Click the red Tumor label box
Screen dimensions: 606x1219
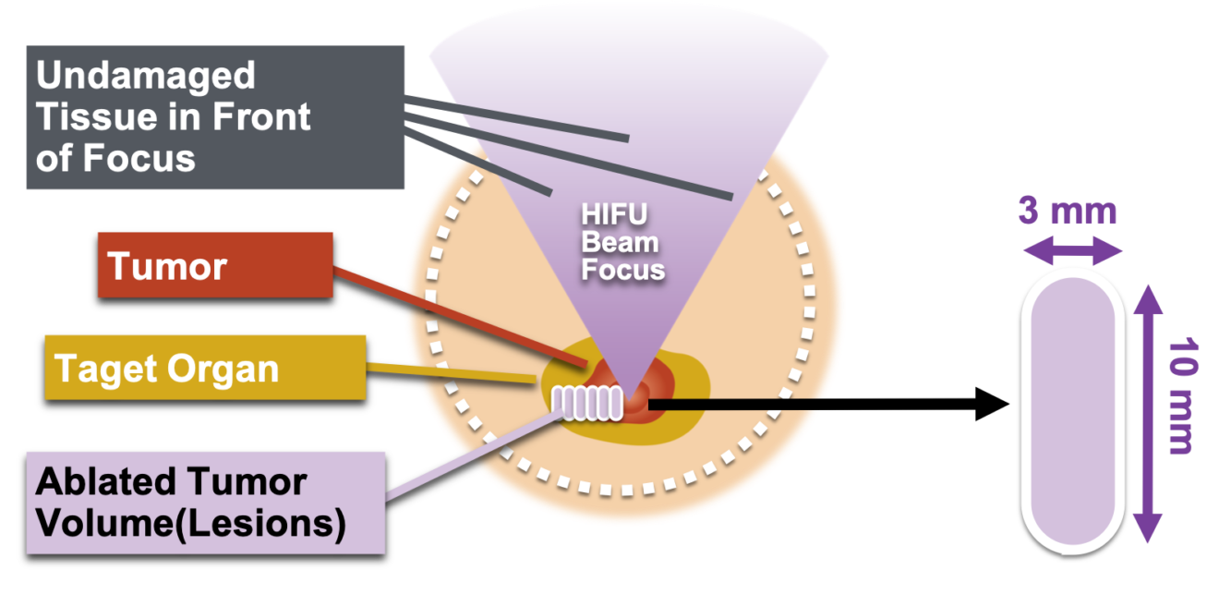[x=214, y=265]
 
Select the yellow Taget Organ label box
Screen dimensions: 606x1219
[x=204, y=368]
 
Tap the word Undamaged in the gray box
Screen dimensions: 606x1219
[x=145, y=76]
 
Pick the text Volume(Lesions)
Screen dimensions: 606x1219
[x=190, y=524]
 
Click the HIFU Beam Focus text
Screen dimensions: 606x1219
[x=622, y=242]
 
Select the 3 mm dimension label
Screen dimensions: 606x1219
[x=1067, y=212]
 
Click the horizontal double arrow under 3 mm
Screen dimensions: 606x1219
[x=1071, y=250]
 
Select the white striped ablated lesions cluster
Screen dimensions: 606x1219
[x=587, y=402]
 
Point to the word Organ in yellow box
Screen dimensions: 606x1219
[x=235, y=369]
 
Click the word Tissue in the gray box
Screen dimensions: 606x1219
[x=84, y=117]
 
